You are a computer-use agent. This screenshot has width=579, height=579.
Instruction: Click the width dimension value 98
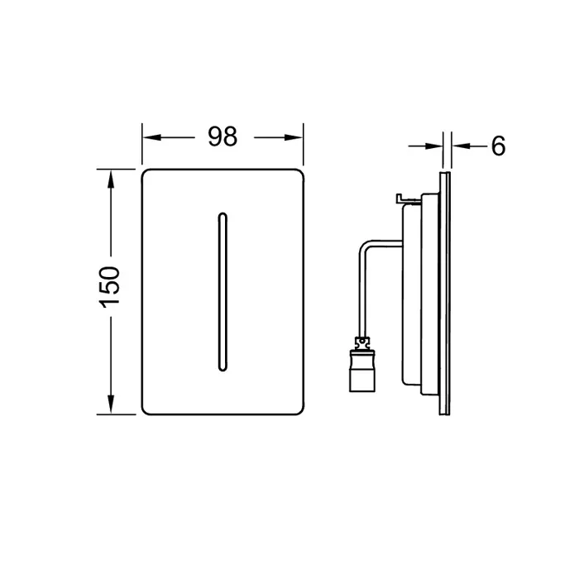coord(223,136)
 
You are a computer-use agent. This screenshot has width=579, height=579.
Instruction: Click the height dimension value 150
coord(110,287)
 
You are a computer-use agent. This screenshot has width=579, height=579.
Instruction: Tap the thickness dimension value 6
coord(498,146)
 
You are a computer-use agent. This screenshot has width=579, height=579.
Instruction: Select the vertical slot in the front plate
coord(223,292)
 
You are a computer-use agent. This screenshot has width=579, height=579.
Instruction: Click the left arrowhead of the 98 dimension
coord(152,138)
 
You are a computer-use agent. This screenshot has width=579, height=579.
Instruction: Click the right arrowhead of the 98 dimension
coord(293,138)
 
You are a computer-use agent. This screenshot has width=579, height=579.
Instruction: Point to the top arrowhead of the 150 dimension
coord(110,179)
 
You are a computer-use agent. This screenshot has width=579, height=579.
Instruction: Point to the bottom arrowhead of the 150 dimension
coord(110,404)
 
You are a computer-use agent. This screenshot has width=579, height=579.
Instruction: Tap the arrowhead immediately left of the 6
coord(462,146)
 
